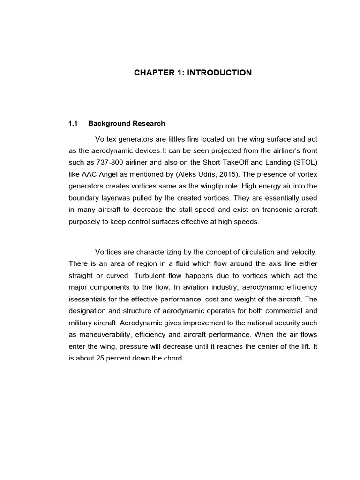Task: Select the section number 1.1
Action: coord(73,124)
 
